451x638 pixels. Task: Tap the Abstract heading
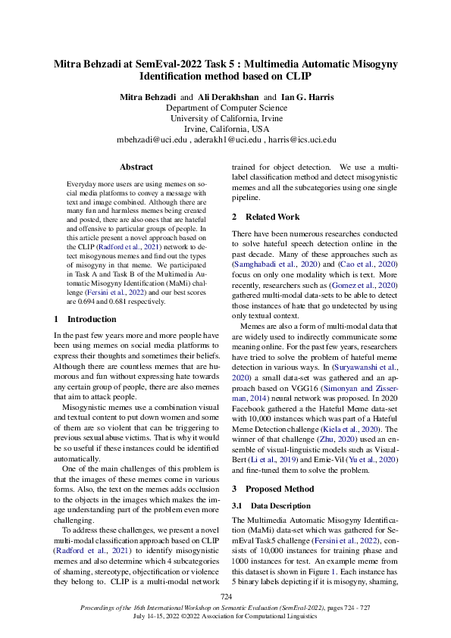click(136, 167)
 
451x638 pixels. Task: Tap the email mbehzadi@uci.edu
click(151, 139)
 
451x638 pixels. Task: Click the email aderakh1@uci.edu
click(225, 139)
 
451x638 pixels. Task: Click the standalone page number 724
click(225, 597)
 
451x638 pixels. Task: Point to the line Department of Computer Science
click(225, 108)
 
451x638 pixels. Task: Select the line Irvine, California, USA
click(225, 129)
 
